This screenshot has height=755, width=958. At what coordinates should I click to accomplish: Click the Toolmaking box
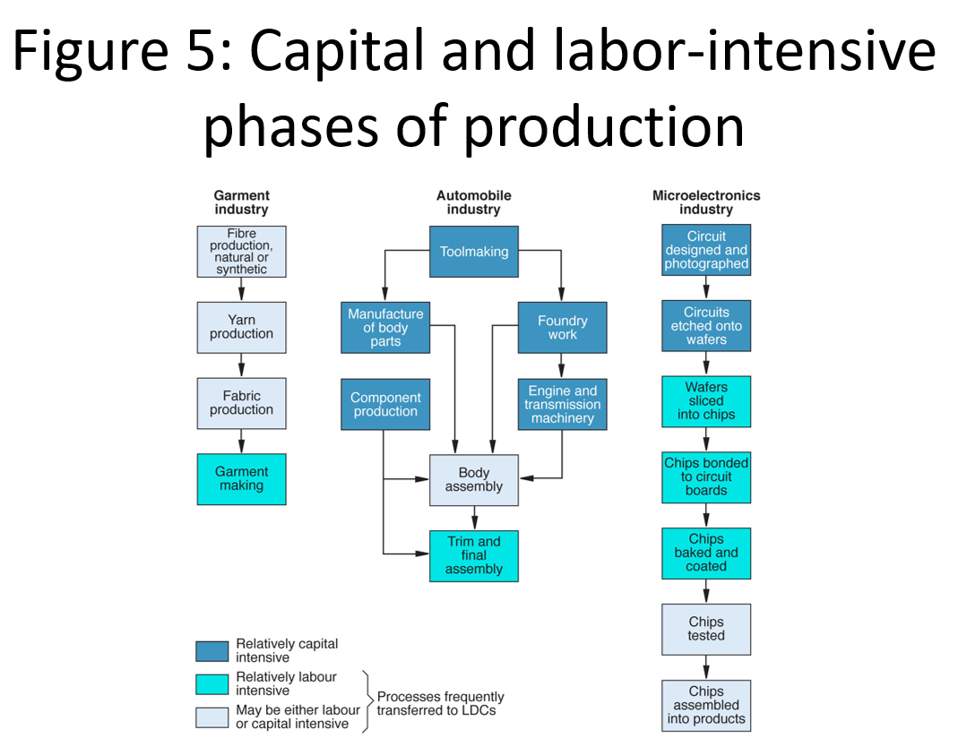pos(473,252)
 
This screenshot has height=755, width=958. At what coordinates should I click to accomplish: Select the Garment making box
pos(241,479)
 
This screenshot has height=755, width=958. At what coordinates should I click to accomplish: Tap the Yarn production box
pos(241,327)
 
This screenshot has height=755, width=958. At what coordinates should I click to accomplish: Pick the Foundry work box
pos(562,327)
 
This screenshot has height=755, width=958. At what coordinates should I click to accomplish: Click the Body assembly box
pos(473,480)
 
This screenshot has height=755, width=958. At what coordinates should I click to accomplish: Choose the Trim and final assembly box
pos(473,555)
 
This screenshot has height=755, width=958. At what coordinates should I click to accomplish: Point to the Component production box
pos(385,404)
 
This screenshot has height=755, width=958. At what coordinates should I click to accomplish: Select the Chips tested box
pos(705,630)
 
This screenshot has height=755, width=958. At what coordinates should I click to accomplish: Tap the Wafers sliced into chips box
pos(705,401)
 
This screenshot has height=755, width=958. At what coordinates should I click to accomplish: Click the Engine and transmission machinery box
pos(562,404)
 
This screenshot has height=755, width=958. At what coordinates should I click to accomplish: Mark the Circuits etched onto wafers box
pos(705,325)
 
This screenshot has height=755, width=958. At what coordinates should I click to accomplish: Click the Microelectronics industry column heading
pos(706,202)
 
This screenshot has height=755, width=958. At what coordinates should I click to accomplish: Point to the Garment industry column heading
pos(241,202)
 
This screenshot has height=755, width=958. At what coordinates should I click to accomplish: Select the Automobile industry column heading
pos(473,202)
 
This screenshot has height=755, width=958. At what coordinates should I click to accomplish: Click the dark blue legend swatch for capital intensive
pos(212,650)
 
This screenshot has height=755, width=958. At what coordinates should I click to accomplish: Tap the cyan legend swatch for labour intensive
pos(212,684)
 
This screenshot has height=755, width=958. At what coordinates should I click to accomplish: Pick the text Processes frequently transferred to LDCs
pos(441,703)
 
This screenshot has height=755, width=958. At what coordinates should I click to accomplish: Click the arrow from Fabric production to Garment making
pos(241,442)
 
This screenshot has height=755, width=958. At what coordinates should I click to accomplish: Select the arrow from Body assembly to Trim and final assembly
pos(474,519)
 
